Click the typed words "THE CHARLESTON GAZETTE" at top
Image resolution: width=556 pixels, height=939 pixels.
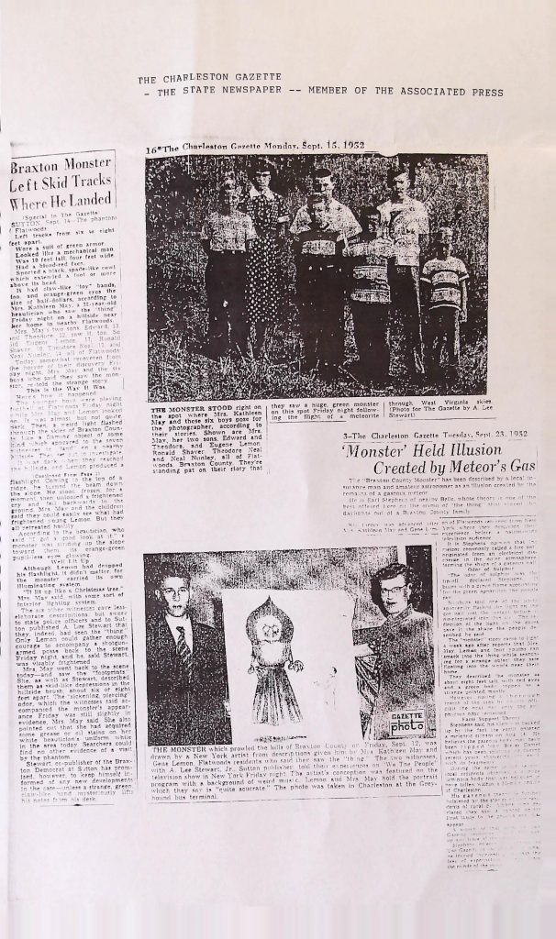[195, 80]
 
